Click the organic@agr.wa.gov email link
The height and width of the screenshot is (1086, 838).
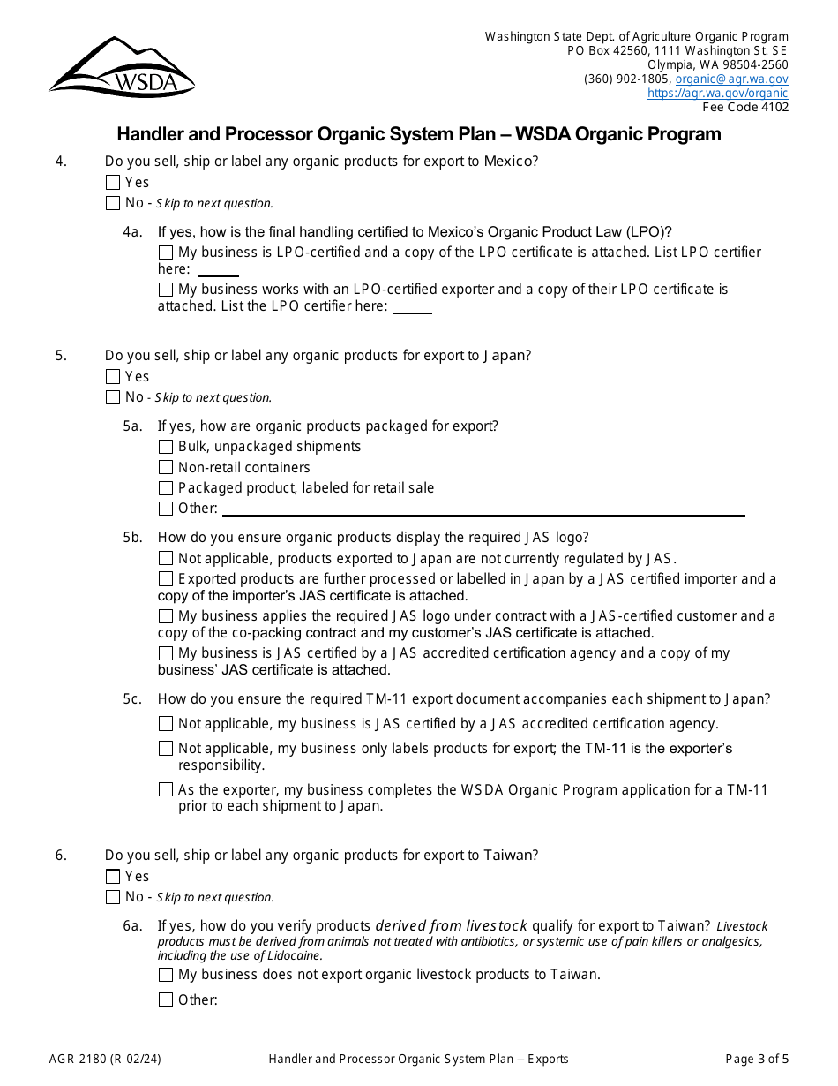(x=731, y=79)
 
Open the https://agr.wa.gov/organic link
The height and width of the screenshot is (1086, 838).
(x=717, y=93)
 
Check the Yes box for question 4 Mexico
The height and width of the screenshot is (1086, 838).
(x=113, y=183)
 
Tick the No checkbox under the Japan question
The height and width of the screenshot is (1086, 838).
(x=113, y=397)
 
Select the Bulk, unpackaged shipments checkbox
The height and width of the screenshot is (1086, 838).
(x=166, y=447)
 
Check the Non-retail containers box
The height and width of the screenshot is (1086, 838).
(x=166, y=468)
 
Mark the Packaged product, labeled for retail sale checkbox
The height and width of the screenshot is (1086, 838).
(x=166, y=488)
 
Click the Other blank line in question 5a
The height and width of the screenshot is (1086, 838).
(x=483, y=510)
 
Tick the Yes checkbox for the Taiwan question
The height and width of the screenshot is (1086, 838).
(x=113, y=877)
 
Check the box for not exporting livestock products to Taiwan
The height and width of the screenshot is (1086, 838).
(x=166, y=976)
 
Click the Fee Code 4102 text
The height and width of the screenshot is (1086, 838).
(x=744, y=107)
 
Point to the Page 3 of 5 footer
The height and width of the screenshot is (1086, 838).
(x=757, y=1059)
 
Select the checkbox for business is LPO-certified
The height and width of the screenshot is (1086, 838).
(x=166, y=253)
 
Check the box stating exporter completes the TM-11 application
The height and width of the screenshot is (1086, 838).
(x=166, y=790)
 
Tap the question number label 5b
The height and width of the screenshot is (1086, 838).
(x=132, y=537)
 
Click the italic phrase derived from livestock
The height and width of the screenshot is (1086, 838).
(x=452, y=926)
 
